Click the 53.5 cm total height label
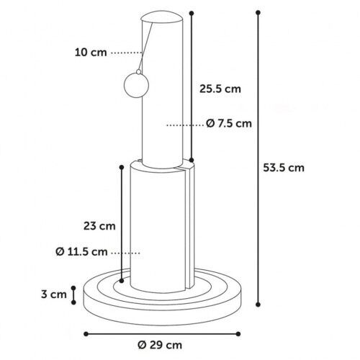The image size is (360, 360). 284,168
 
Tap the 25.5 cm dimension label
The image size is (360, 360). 220,89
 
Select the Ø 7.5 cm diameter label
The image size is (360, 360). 229,123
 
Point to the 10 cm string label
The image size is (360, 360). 91,53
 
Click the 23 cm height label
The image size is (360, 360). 99,226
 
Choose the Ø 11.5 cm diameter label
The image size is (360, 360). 81,252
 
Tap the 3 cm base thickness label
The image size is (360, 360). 54,294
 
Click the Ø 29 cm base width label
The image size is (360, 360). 160,345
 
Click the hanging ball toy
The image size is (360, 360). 136,85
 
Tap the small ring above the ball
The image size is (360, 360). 138,71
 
